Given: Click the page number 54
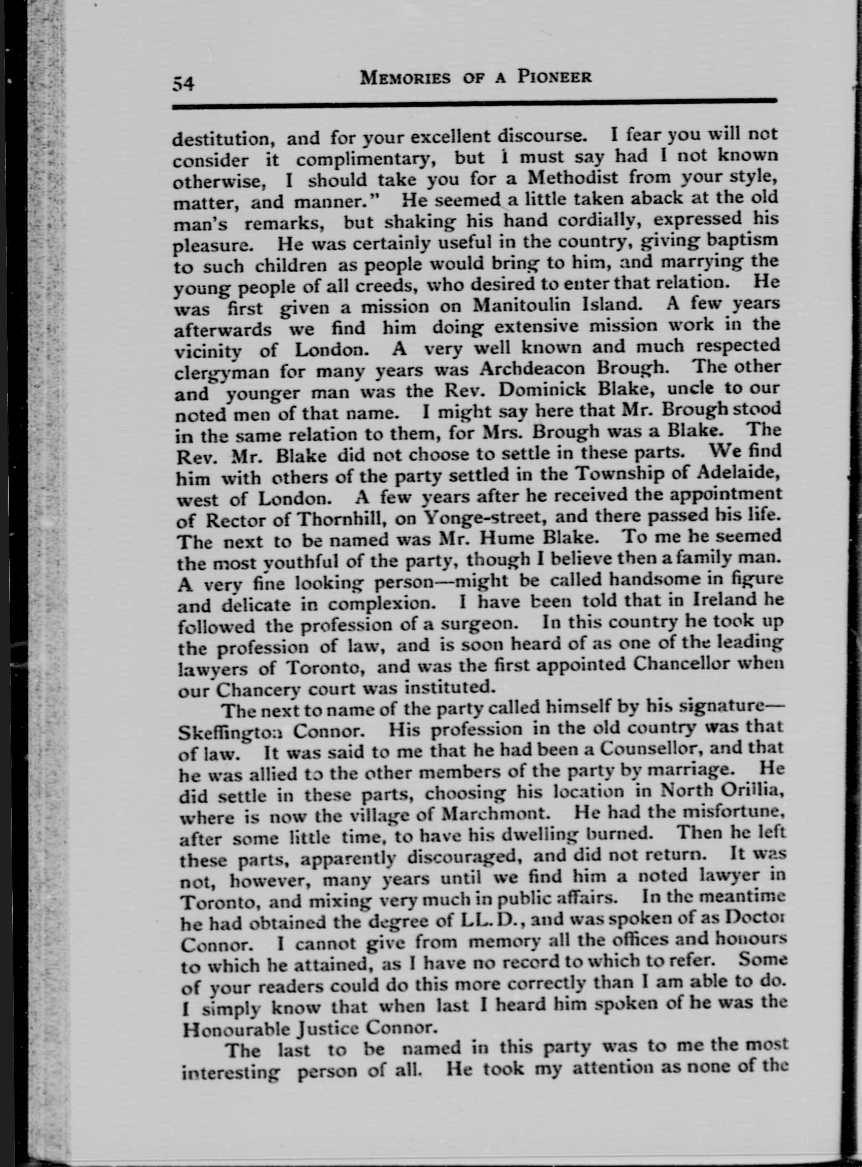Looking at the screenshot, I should (183, 83).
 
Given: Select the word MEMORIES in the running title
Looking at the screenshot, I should (406, 78).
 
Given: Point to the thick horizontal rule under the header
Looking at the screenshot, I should (475, 104).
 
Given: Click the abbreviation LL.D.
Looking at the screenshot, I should (488, 922).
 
